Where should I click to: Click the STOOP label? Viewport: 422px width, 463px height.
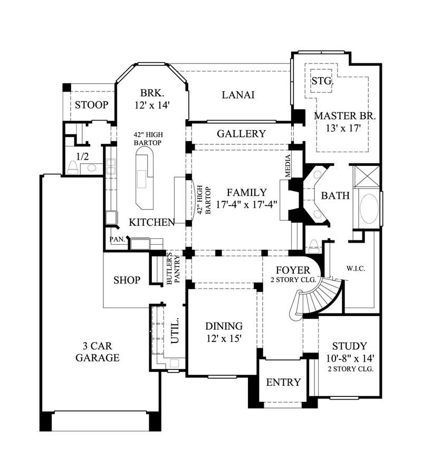pyautogui.click(x=91, y=105)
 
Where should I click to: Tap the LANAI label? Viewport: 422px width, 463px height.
pyautogui.click(x=238, y=95)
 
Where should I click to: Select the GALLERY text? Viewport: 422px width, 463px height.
pyautogui.click(x=241, y=134)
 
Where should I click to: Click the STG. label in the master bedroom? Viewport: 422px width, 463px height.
pyautogui.click(x=321, y=81)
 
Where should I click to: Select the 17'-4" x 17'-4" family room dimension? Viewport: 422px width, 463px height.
pyautogui.click(x=247, y=204)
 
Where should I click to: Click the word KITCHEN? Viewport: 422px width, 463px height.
pyautogui.click(x=152, y=222)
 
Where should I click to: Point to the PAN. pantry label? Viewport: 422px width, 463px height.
pyautogui.click(x=117, y=239)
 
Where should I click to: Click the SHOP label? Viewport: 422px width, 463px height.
pyautogui.click(x=127, y=280)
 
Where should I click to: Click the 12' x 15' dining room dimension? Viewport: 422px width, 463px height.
pyautogui.click(x=224, y=339)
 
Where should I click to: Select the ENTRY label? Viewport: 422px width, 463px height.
pyautogui.click(x=283, y=382)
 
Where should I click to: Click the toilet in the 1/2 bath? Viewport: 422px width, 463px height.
pyautogui.click(x=73, y=168)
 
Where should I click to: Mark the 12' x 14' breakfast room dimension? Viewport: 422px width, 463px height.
pyautogui.click(x=151, y=105)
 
